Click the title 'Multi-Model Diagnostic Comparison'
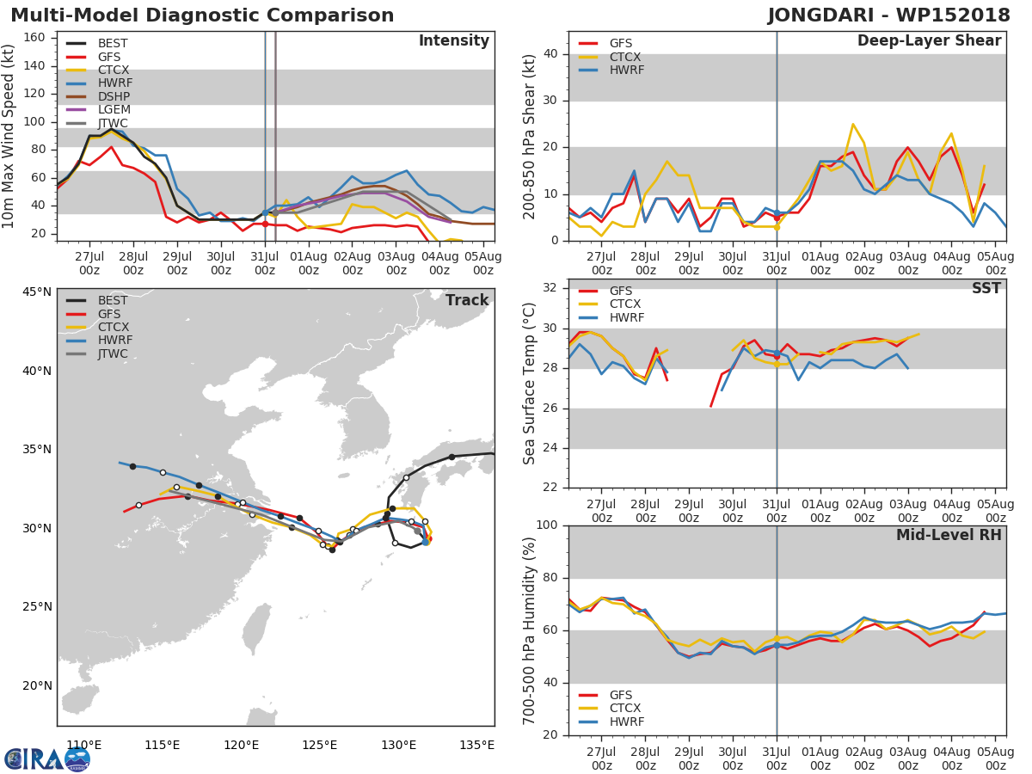pos(202,15)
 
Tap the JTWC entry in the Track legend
pos(112,354)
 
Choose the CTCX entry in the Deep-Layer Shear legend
pos(625,57)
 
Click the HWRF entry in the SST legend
pos(625,318)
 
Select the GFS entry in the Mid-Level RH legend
pos(625,695)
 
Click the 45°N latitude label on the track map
pos(37,292)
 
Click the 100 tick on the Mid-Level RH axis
pos(550,525)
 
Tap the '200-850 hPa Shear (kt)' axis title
pos(529,136)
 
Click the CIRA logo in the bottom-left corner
pos(47,759)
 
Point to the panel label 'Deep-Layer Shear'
pos(929,41)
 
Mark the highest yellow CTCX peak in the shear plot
pos(852,124)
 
